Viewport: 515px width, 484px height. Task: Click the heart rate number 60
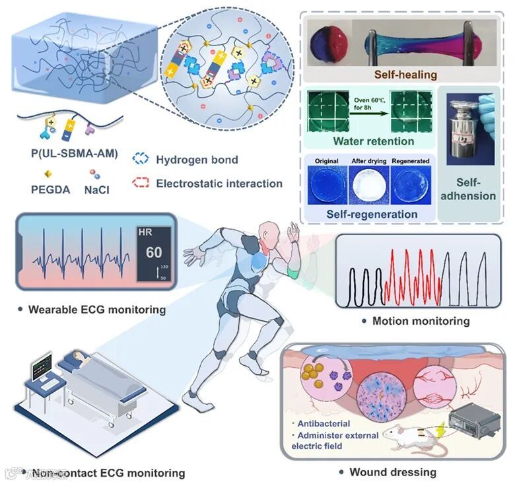pos(153,253)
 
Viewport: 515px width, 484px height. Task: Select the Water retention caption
pos(374,141)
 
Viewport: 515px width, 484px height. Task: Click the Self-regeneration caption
pos(372,214)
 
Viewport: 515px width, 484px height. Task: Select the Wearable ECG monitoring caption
pos(96,308)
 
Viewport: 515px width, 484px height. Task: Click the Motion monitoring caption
pos(421,321)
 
